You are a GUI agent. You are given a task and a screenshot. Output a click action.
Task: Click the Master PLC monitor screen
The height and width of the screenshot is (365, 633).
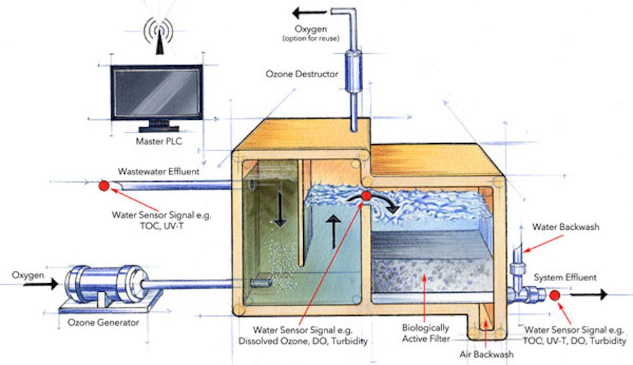(x=157, y=93)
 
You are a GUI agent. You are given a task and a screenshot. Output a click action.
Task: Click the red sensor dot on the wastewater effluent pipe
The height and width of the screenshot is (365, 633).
(x=104, y=186)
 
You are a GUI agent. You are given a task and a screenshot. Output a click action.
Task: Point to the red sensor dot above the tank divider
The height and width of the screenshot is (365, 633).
(x=366, y=196)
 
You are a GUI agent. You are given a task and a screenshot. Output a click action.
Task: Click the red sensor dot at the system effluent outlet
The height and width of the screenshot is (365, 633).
(x=554, y=294)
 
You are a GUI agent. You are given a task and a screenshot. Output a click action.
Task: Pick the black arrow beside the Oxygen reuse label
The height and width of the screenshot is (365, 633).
(x=311, y=11)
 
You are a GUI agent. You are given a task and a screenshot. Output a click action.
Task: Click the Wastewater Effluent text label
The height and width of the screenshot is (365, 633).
(x=159, y=172)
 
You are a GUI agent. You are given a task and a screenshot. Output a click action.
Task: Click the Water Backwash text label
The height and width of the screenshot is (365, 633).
(x=565, y=227)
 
